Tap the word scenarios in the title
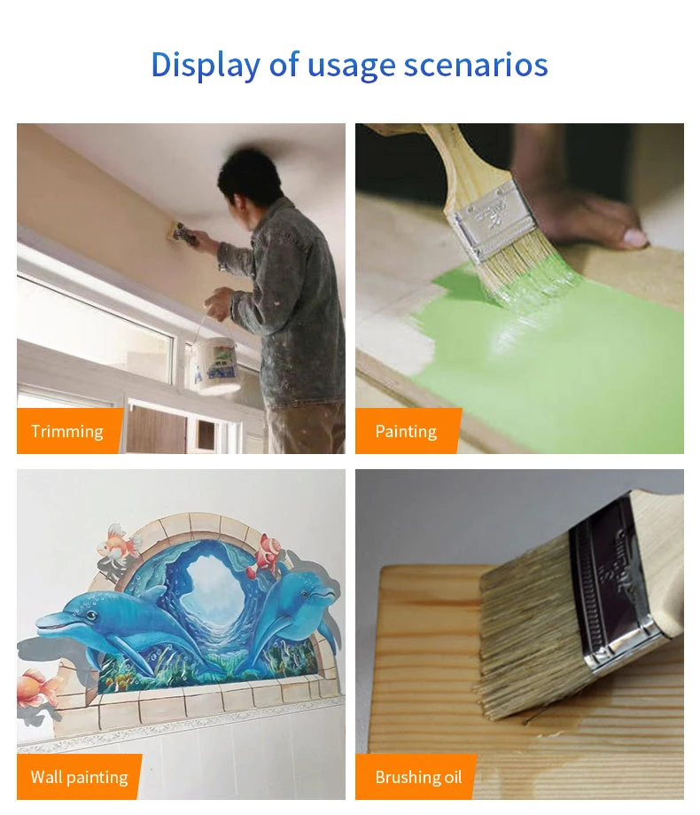[x=476, y=65]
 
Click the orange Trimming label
[x=67, y=431]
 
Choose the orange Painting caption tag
[x=406, y=431]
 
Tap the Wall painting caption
[x=79, y=777]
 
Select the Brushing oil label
[x=418, y=777]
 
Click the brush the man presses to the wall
[x=181, y=232]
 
